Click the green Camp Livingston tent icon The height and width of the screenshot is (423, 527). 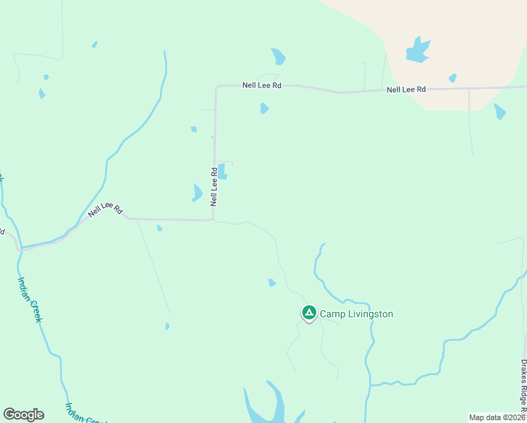point(309,312)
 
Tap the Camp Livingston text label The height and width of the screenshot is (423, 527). point(356,314)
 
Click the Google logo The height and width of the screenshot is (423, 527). point(23,415)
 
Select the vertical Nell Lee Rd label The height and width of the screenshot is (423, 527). point(213,186)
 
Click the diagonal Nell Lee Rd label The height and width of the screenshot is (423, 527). point(106,210)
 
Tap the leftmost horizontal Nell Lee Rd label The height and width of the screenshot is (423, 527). point(261,85)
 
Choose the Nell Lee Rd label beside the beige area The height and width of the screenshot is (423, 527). point(407,90)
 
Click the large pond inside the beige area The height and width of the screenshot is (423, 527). point(417,50)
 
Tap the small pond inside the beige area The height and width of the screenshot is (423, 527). point(452,78)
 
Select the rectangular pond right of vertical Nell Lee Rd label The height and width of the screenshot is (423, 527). point(223,171)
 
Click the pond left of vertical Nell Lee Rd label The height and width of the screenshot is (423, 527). point(197,192)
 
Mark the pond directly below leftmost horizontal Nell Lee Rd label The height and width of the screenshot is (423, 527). point(264,108)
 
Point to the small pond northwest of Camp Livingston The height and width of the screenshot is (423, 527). point(272,283)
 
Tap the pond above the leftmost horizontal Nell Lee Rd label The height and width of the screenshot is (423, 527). point(278,56)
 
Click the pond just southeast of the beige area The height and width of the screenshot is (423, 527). point(500,111)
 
